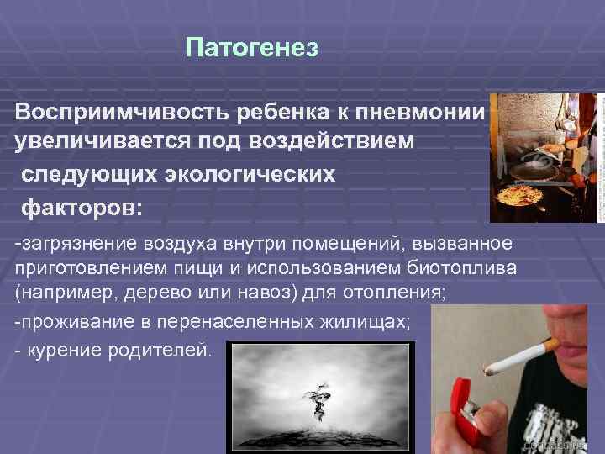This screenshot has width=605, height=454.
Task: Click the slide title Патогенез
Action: (x=252, y=49)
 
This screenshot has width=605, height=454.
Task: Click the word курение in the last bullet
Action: (x=62, y=347)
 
